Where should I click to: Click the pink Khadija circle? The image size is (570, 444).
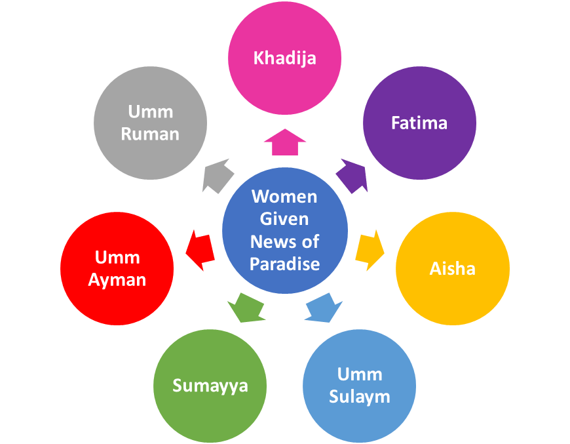click(284, 58)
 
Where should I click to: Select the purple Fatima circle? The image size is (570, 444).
click(419, 123)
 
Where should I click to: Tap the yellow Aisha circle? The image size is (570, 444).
click(452, 268)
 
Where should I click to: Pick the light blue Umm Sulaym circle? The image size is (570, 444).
click(359, 386)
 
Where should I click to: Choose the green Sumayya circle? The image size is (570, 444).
click(210, 386)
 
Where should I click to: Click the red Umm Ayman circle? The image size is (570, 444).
click(117, 268)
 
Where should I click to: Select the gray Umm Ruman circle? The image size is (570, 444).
click(150, 123)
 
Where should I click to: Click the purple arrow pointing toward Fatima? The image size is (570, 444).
click(352, 176)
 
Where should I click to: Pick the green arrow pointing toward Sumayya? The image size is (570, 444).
click(245, 306)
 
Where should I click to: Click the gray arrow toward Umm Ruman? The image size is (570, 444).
click(218, 176)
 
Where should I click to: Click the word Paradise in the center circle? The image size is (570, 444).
click(284, 264)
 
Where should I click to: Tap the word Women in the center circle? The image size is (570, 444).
click(284, 196)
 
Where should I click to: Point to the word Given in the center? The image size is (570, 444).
click(284, 218)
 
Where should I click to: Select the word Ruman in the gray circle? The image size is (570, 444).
click(150, 134)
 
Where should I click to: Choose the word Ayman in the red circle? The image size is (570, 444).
click(117, 280)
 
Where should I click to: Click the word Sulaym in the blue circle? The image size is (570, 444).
click(360, 396)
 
